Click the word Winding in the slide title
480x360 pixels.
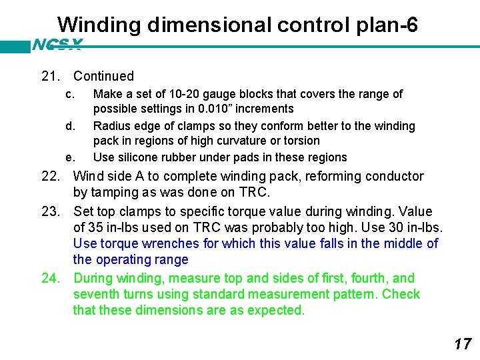click(99, 25)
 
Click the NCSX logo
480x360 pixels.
click(57, 45)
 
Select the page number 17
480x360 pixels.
click(462, 344)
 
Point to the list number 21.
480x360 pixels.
click(51, 76)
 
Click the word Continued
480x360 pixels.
click(103, 76)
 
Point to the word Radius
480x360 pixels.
click(111, 126)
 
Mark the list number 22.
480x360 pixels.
click(51, 177)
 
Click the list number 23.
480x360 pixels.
click(51, 211)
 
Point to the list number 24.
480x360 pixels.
click(51, 278)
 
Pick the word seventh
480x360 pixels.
click(97, 294)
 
